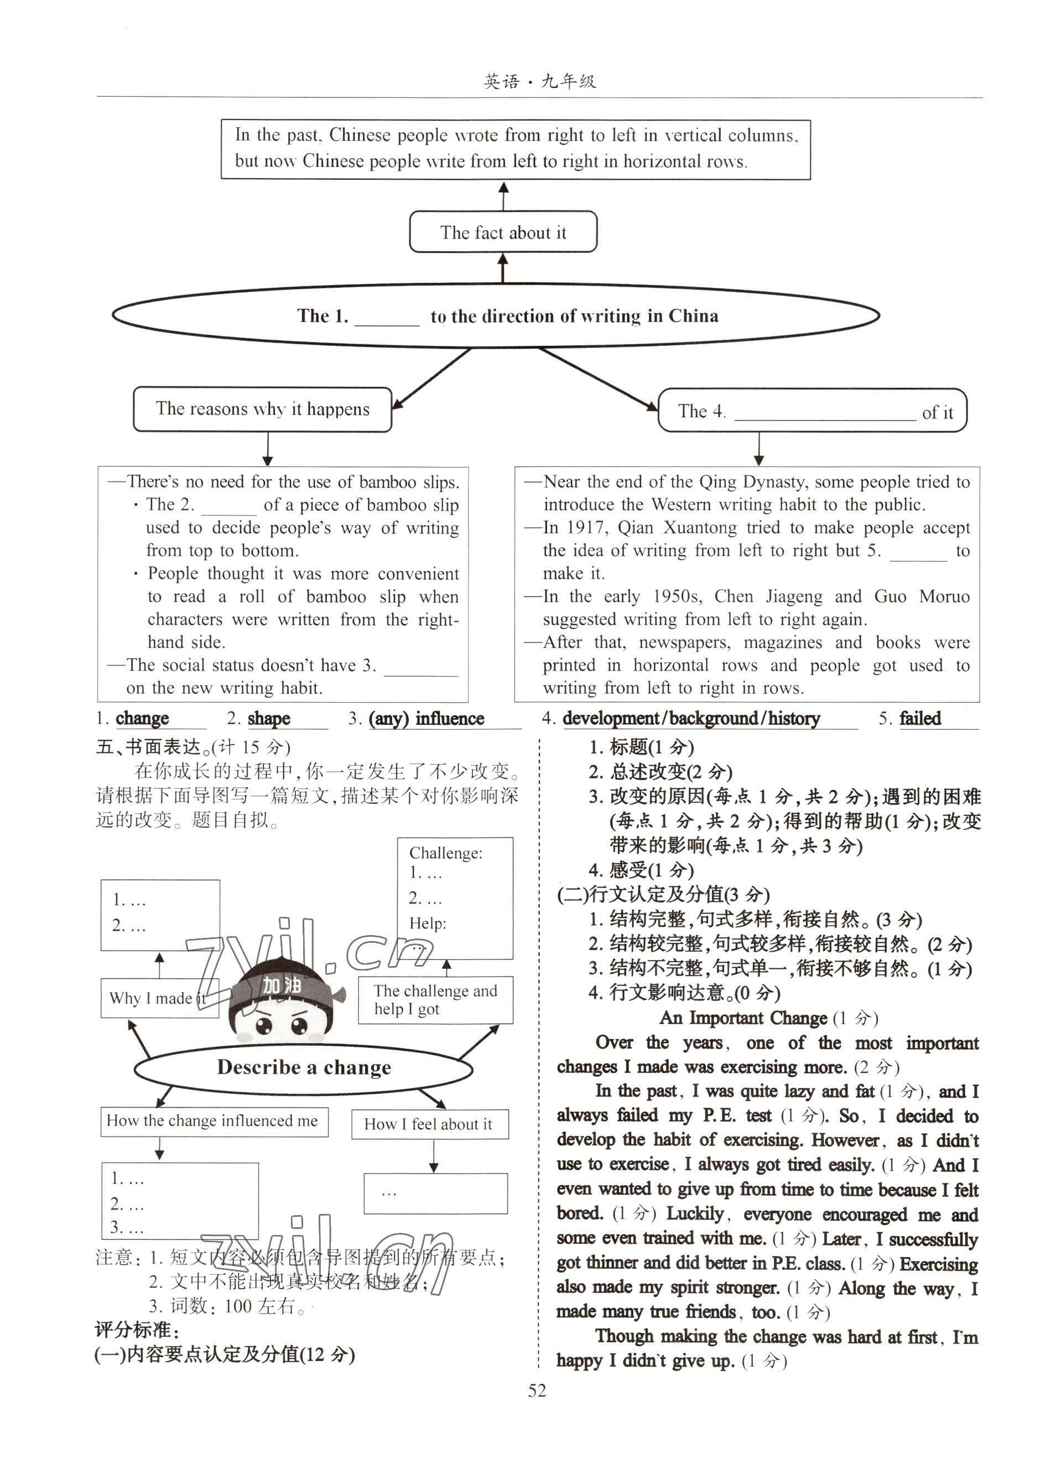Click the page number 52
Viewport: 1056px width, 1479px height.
tap(537, 1390)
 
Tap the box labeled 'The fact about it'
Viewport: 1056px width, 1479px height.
tap(503, 232)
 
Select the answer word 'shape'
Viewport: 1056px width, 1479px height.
tap(268, 718)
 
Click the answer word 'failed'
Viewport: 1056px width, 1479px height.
tap(919, 718)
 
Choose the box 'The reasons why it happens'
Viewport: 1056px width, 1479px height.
tap(262, 409)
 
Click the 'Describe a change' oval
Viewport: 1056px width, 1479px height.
tap(303, 1067)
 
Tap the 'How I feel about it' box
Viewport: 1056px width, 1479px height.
tap(429, 1124)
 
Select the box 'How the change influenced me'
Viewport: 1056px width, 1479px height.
tap(214, 1120)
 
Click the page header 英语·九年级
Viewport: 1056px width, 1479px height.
tap(540, 81)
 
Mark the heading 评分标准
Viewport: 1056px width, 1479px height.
tap(137, 1330)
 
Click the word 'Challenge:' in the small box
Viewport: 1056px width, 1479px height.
tap(445, 853)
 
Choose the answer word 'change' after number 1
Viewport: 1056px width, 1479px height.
tap(142, 718)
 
